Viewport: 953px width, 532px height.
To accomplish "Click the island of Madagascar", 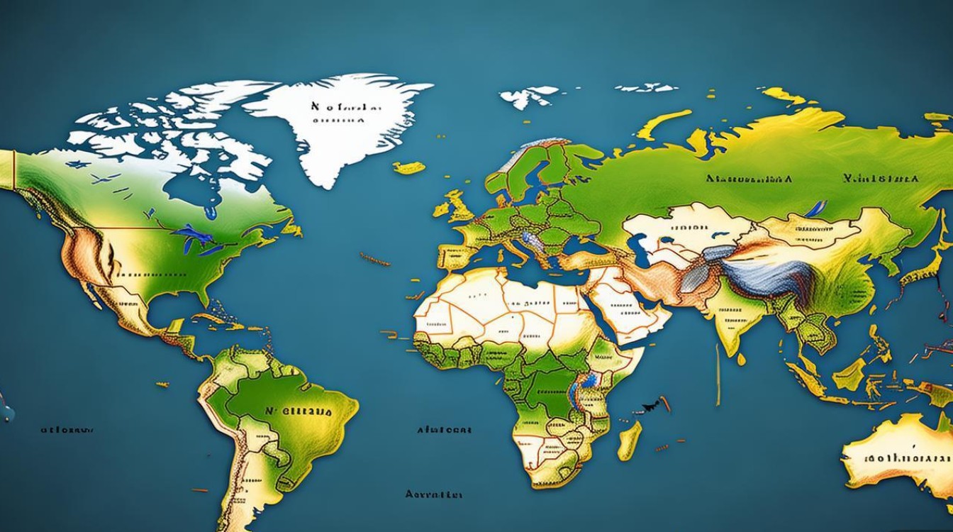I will [x=628, y=440].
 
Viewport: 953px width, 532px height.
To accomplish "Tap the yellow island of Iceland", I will [x=409, y=168].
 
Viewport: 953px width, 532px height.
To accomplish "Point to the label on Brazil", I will [x=299, y=412].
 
